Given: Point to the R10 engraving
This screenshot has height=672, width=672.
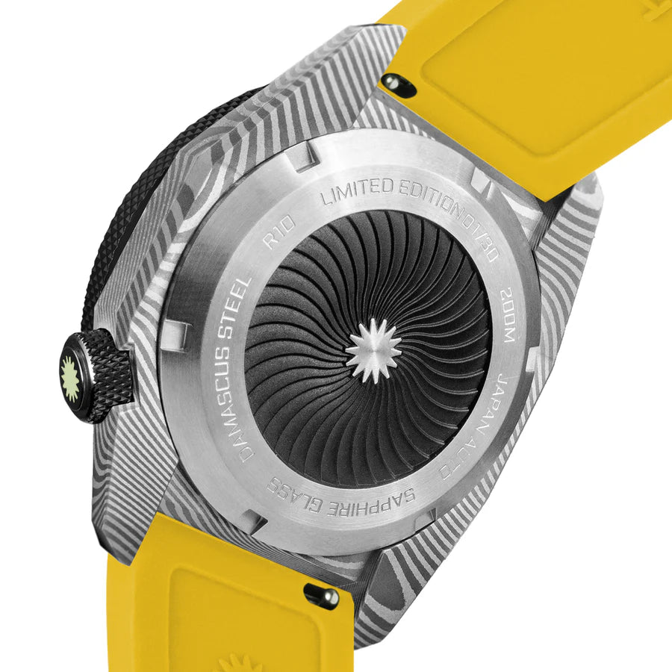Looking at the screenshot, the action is [279, 233].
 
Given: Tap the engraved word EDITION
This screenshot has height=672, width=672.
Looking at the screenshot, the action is [425, 196].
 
